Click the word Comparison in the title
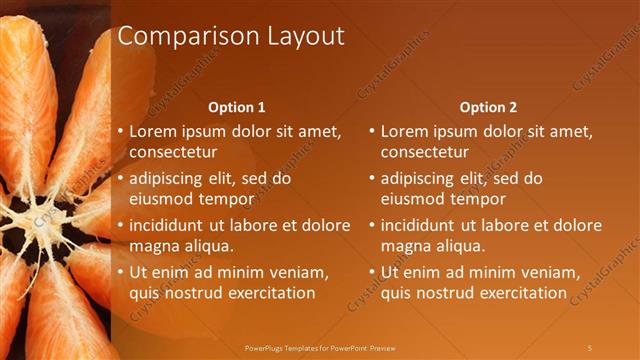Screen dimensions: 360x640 click(183, 37)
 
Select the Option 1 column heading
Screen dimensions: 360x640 click(236, 107)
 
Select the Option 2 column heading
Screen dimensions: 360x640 click(488, 107)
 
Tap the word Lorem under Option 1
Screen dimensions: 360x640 click(153, 131)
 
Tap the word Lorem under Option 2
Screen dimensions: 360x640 click(404, 131)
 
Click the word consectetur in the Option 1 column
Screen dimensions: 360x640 click(173, 152)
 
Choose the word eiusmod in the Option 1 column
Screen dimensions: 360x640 click(162, 199)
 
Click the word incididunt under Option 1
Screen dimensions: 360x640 click(170, 226)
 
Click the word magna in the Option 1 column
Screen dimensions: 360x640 click(152, 246)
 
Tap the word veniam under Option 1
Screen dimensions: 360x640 click(295, 273)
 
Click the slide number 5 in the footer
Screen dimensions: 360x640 click(589, 347)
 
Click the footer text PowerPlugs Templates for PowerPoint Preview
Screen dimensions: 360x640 click(320, 347)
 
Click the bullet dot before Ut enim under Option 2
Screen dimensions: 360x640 click(372, 273)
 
